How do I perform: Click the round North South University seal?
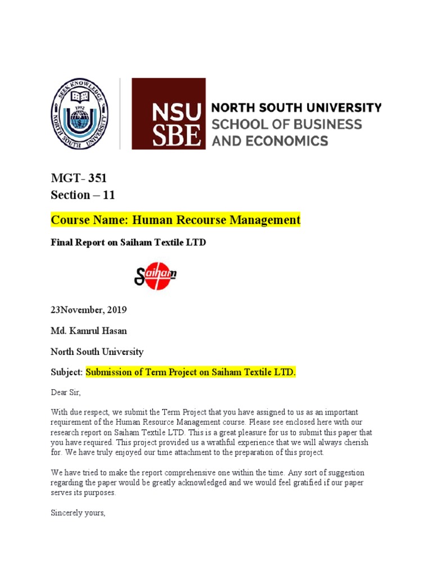(x=79, y=113)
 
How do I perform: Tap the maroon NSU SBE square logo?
(x=168, y=113)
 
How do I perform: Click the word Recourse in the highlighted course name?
(x=195, y=220)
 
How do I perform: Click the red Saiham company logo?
(x=155, y=275)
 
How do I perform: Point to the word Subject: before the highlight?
(x=67, y=373)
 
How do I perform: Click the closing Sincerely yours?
(x=78, y=513)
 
